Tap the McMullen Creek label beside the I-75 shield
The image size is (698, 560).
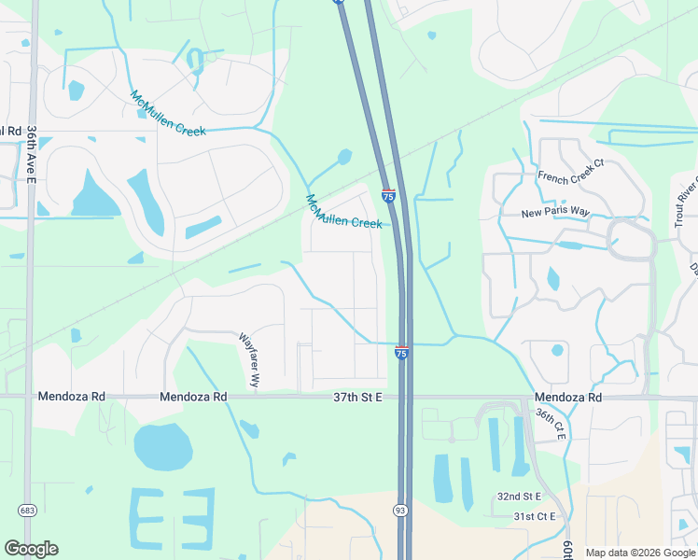pos(344,211)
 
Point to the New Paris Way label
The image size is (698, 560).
pos(555,213)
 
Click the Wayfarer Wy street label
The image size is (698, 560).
pos(246,361)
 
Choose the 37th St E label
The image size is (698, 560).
pos(358,397)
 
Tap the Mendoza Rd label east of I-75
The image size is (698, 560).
pos(568,397)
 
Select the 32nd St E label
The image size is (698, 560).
pos(520,497)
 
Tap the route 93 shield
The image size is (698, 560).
pos(398,509)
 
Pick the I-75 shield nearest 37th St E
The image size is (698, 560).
pos(401,353)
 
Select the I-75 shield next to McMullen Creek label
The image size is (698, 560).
pos(388,195)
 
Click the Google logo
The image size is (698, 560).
pos(31,549)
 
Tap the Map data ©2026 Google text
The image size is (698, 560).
pos(640,553)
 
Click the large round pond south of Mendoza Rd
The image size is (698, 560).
pos(162,446)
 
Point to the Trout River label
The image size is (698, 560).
pos(686,201)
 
